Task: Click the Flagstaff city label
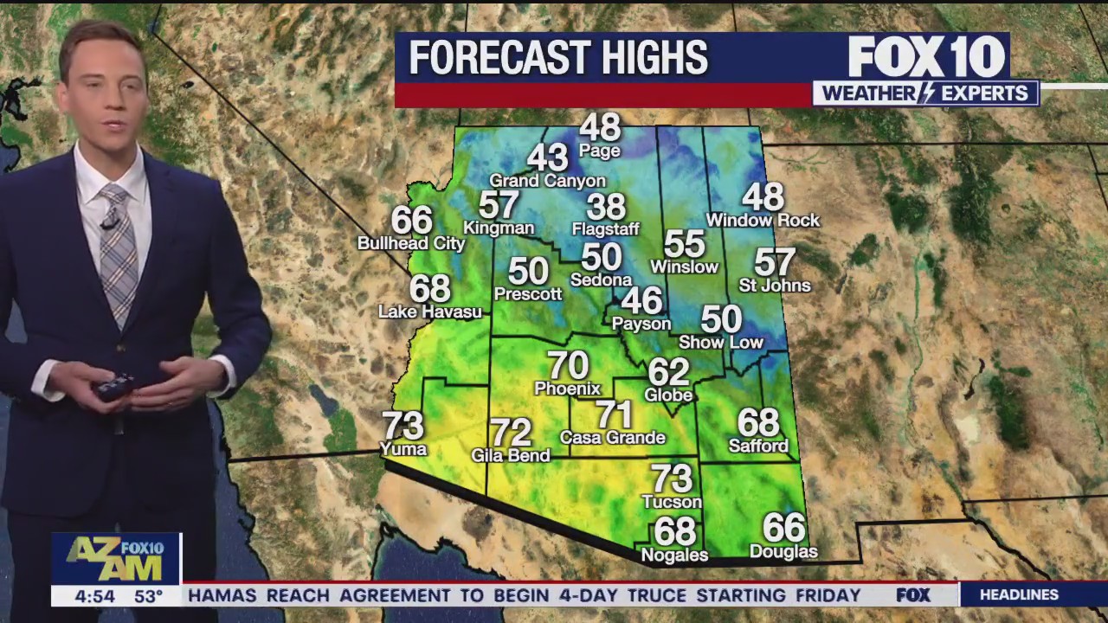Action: point(605,229)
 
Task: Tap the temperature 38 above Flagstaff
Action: point(605,207)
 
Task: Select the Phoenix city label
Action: point(567,389)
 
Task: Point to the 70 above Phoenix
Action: point(568,366)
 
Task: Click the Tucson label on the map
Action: point(672,502)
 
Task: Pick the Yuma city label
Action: point(403,448)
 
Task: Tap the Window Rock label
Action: point(763,221)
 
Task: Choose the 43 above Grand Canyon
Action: point(547,158)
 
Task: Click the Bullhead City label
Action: point(411,244)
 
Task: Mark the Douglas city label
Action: point(783,551)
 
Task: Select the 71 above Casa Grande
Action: point(614,414)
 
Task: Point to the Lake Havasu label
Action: point(429,311)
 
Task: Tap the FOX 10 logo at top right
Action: point(926,57)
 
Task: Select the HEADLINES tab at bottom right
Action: point(1019,594)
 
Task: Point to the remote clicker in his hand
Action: point(115,386)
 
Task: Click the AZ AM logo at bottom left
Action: point(115,559)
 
